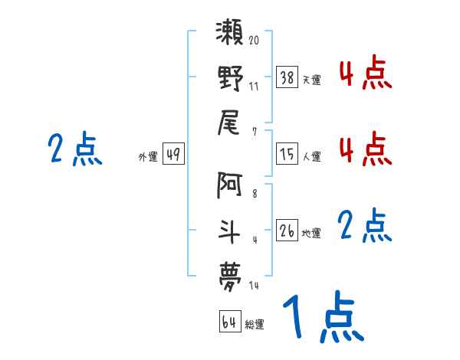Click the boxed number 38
287,78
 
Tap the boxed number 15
287,155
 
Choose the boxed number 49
173,155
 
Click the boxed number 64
229,322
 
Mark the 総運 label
255,325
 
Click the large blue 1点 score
322,318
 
